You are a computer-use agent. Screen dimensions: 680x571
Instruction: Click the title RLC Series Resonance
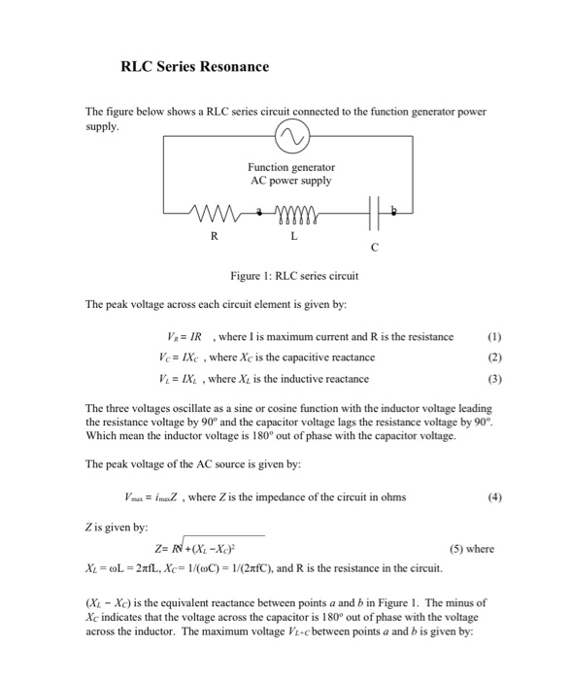click(x=194, y=67)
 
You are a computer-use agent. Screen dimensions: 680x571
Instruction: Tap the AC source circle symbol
click(x=290, y=138)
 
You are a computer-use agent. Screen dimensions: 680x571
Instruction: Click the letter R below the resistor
click(x=215, y=235)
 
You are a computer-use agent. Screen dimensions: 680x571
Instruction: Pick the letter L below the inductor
click(x=295, y=235)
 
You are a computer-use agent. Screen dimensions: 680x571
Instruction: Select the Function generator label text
click(x=290, y=167)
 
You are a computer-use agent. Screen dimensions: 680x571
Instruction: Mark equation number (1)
click(x=495, y=337)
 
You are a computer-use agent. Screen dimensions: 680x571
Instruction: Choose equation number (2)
click(x=495, y=357)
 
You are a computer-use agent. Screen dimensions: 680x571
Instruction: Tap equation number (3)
click(x=495, y=378)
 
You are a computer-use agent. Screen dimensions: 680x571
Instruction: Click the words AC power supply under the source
click(x=290, y=181)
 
